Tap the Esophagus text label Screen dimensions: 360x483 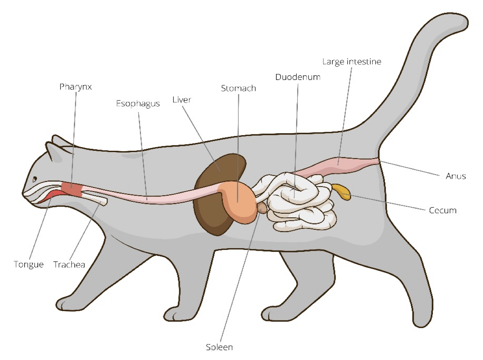(138, 104)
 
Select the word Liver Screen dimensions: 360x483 (182, 99)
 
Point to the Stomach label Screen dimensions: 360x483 (239, 88)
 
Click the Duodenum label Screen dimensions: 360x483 (298, 77)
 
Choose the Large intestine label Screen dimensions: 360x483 (352, 62)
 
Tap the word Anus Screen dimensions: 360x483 (456, 176)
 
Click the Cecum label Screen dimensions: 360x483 (442, 210)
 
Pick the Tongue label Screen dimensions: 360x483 (28, 264)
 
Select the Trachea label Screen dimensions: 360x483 (69, 264)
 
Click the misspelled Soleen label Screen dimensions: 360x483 (219, 347)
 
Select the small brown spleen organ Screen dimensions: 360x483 (262, 208)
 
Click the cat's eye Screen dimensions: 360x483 (35, 179)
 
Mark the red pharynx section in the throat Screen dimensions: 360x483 (72, 189)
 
